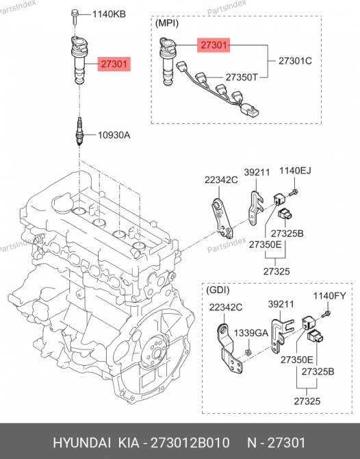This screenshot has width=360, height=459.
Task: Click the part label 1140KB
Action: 109,13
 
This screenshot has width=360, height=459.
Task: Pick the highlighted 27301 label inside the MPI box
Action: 214,46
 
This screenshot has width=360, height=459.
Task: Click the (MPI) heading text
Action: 168,23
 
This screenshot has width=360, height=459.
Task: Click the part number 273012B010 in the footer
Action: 195,443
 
